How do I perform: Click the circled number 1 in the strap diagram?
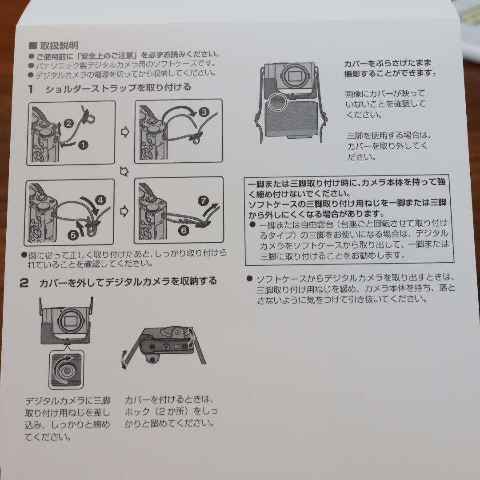point(83,144)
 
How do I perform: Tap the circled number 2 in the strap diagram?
point(68,124)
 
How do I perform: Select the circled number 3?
point(204,112)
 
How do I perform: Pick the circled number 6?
point(184,230)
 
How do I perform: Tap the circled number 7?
point(204,200)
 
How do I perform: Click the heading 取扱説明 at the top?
point(59,45)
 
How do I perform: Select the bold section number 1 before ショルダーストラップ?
point(30,88)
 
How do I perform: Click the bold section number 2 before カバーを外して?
point(24,283)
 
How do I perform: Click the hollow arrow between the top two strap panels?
point(125,132)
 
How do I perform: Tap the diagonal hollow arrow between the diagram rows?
point(124,171)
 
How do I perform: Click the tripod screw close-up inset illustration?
point(66,369)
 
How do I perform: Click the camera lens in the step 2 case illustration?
point(69,320)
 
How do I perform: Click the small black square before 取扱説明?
point(32,45)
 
